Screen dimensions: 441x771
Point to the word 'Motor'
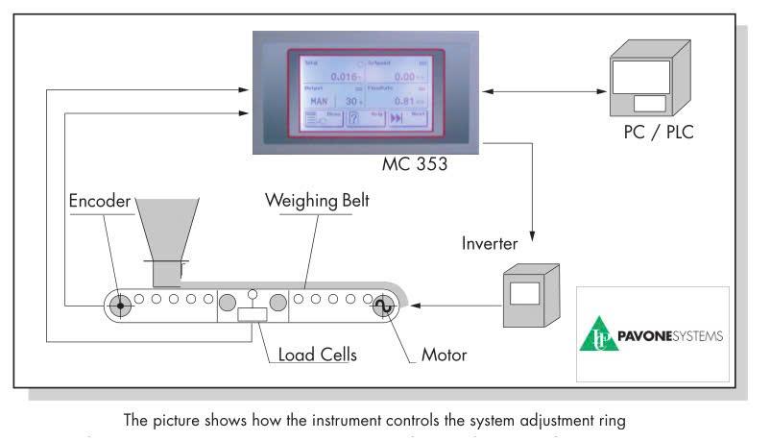click(444, 354)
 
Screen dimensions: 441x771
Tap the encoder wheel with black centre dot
click(119, 306)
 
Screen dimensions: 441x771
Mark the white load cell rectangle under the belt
click(253, 314)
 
